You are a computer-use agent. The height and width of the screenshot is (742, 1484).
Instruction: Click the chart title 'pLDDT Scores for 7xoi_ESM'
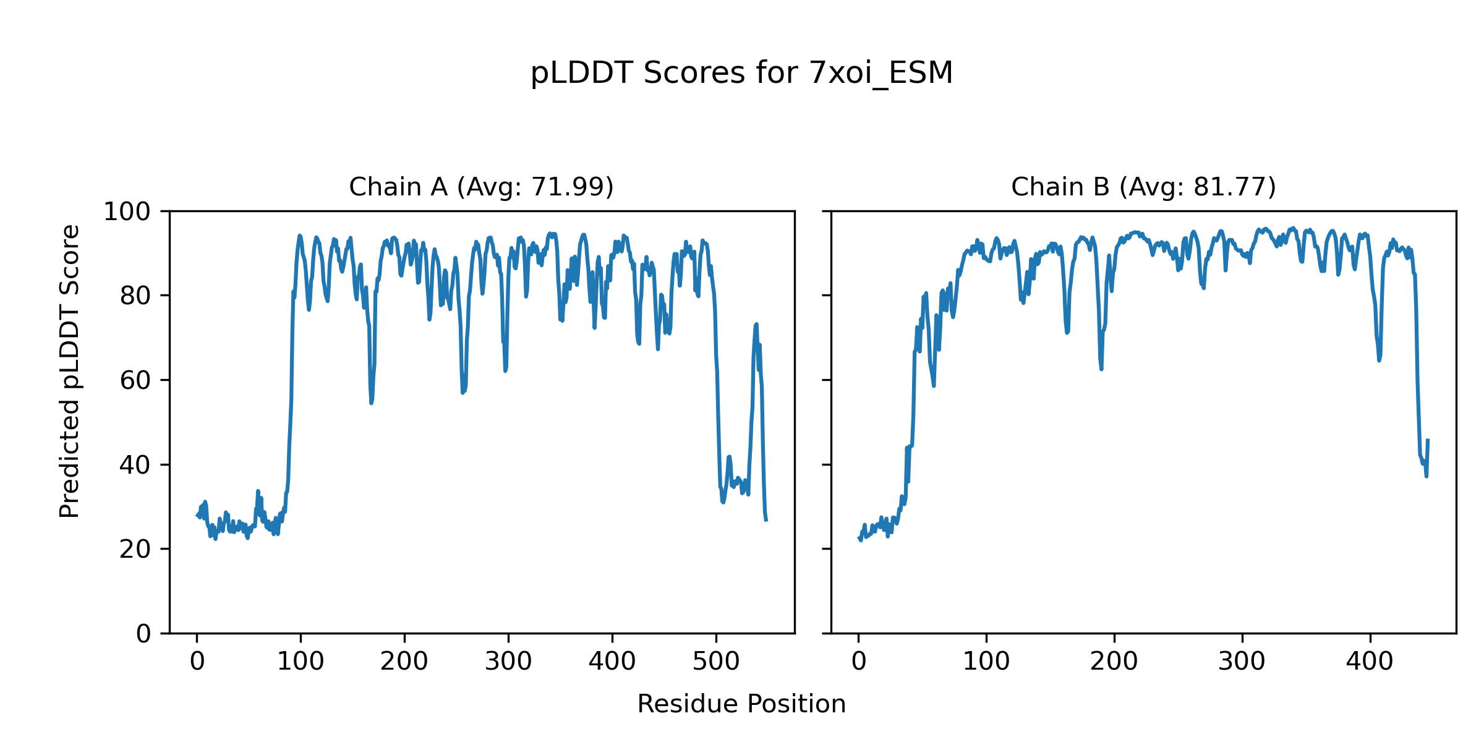pos(741,73)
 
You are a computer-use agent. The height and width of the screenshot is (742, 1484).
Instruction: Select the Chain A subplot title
pos(481,187)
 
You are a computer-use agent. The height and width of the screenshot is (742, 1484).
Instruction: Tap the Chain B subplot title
pos(1143,187)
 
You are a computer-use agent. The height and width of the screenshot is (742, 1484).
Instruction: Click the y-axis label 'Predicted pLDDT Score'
pos(70,371)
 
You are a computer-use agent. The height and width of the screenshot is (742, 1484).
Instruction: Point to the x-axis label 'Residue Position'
pos(741,704)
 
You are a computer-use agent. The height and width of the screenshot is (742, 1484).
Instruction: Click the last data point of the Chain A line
pos(766,520)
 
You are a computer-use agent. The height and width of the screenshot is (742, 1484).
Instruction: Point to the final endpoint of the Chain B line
pos(1428,440)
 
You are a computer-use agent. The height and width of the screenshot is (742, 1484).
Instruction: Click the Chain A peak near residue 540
pos(756,324)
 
